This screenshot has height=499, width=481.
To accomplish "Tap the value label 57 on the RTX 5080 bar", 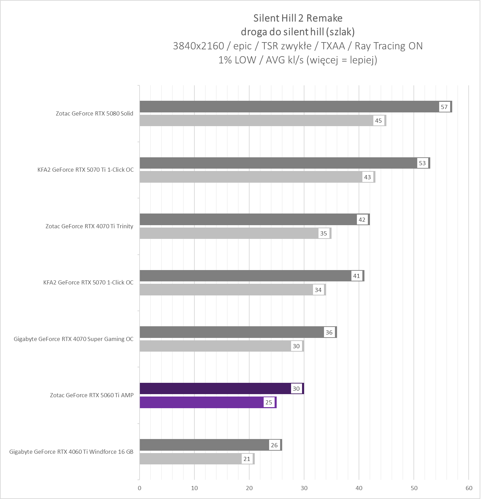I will click(x=444, y=107).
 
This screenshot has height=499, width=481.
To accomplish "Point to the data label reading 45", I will click(x=378, y=121).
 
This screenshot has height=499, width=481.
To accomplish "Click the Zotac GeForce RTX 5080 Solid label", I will click(x=95, y=113).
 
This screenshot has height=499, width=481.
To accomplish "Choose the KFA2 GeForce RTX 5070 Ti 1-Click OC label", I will click(x=86, y=170).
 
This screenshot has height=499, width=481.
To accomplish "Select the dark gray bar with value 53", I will click(x=278, y=163).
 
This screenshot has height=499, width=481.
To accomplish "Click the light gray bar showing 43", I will click(x=250, y=177).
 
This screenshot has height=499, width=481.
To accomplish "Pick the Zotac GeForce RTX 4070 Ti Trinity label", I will click(x=89, y=226).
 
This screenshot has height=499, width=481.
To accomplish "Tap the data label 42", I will click(x=362, y=220).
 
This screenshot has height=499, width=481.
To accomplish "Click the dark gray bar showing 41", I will click(x=245, y=276).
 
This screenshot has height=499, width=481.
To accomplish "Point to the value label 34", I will click(x=318, y=290).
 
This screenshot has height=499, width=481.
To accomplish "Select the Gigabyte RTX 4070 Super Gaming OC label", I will click(x=74, y=339).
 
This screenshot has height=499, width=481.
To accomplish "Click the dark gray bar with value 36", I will click(x=232, y=332).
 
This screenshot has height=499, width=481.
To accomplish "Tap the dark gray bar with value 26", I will click(x=204, y=445).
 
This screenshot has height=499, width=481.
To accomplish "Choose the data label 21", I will click(x=246, y=459).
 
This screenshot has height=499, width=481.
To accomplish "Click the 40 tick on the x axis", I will click(x=359, y=488).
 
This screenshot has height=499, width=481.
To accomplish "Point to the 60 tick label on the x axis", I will click(x=469, y=488).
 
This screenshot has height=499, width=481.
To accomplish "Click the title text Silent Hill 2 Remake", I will click(x=298, y=18).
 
